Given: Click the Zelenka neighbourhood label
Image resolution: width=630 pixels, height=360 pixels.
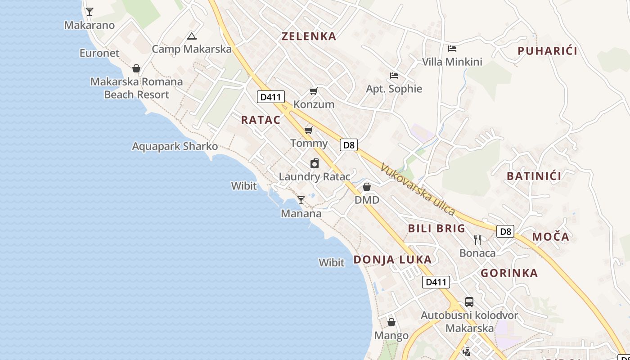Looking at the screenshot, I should pos(309,36).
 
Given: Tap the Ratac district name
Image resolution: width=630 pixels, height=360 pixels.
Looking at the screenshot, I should pos(261,120).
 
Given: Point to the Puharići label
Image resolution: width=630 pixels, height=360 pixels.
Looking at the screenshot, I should pos(547,51).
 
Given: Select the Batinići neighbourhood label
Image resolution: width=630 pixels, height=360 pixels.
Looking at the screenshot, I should pos(534,176).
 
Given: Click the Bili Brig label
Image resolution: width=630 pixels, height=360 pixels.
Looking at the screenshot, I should pos(436,228).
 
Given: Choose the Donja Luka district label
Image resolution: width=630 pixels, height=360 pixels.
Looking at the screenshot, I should pos(392,259).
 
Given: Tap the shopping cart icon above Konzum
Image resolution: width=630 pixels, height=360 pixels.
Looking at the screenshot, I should pos(314,91).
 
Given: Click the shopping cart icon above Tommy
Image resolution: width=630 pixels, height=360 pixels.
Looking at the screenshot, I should pos(308,130).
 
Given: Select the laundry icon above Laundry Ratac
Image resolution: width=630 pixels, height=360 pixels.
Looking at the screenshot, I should pos(315,163).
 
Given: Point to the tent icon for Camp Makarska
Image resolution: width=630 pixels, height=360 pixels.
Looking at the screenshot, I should pos(192,36).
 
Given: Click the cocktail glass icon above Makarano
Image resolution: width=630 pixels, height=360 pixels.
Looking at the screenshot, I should pos(90,12).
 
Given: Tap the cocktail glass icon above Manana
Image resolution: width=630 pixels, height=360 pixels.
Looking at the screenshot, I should pos(301,200).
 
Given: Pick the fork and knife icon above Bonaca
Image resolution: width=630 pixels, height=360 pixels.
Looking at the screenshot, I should pos(477,239).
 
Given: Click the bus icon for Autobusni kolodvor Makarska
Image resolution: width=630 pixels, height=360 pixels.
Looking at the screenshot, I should pos(469,301).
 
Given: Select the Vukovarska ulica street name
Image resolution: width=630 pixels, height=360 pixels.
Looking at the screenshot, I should pos(418,189).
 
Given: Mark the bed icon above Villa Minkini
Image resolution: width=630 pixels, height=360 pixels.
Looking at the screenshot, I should pos(452,48).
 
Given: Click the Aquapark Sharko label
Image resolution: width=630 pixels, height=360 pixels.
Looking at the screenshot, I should pos(175,146).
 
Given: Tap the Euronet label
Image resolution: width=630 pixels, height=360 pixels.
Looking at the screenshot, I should pos(99,53).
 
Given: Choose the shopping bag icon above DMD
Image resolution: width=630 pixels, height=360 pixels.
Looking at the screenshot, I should pos(367,186).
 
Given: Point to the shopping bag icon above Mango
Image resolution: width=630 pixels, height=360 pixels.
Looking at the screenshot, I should pos(391,322).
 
